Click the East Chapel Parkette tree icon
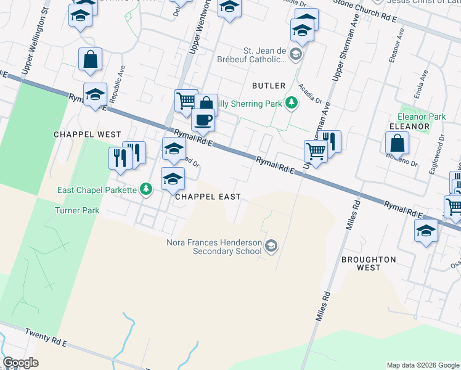146,189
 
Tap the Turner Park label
78,211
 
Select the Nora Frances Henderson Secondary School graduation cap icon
271,247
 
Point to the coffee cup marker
203,120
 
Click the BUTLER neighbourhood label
269,86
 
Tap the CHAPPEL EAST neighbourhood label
208,197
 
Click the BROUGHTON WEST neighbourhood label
369,264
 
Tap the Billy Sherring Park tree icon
292,103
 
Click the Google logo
20,363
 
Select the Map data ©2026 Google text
423,365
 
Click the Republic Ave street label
116,84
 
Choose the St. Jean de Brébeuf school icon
296,55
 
